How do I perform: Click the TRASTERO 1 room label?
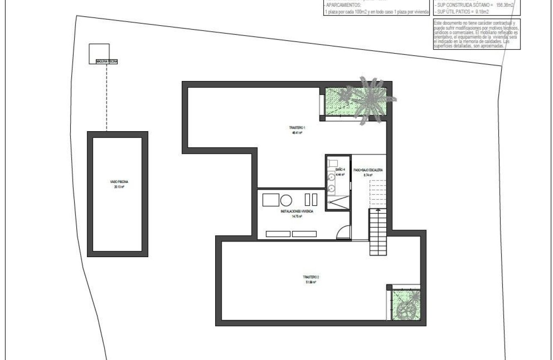pos(296,128)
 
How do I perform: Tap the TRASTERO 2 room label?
pos(311,277)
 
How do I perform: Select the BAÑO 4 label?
pos(340,170)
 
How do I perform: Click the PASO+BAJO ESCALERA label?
pos(368,170)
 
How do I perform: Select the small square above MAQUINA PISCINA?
pos(99,53)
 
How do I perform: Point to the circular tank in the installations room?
pos(286,200)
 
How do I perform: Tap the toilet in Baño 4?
pos(333,163)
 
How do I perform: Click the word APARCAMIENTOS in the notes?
pos(343,5)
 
